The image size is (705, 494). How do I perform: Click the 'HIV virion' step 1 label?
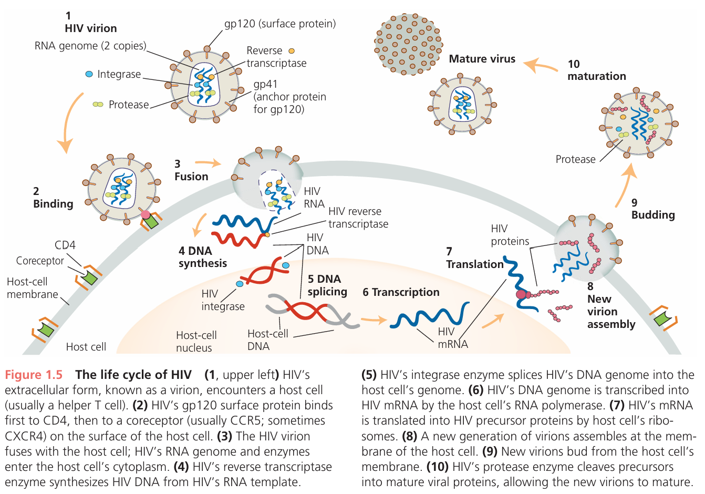(90, 28)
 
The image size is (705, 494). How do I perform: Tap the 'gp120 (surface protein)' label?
(280, 24)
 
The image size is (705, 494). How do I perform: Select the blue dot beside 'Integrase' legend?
(89, 74)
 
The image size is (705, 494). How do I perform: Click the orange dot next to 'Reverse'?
(292, 51)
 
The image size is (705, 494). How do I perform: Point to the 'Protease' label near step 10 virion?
(575, 159)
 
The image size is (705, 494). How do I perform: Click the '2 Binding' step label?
(53, 198)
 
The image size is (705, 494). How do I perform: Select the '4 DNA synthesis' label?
(202, 258)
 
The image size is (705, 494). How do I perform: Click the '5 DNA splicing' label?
(327, 285)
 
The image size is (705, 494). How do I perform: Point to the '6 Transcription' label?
(401, 292)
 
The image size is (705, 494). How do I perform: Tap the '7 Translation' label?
(474, 259)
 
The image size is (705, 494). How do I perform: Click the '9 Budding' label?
(652, 209)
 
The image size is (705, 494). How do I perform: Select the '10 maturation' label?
(596, 70)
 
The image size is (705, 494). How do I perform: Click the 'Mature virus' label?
(482, 59)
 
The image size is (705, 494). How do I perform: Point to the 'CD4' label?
(65, 245)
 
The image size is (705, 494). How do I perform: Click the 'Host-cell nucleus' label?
(196, 342)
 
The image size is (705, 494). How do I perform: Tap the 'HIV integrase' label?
(223, 300)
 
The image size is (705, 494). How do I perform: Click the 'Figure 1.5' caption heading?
(34, 375)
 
